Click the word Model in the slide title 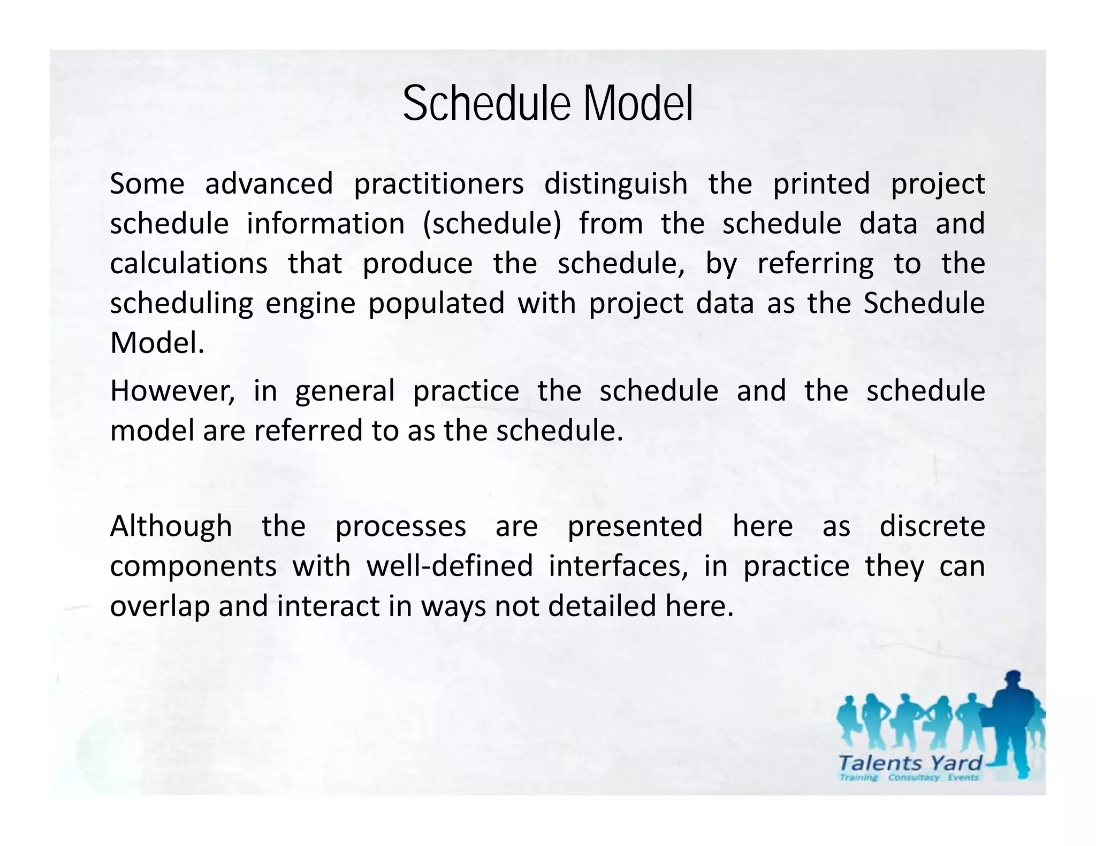coord(638,104)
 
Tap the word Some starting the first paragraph coord(147,184)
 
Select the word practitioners coord(439,184)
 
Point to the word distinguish coord(615,184)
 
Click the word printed coord(821,184)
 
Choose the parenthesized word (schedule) coord(492,224)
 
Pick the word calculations coord(188,264)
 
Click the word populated coord(436,303)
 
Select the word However coord(172,391)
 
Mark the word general coord(345,391)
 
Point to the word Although coord(171,526)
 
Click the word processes coord(400,526)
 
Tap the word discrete coord(932,526)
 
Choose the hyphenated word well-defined coord(450,566)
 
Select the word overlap coord(159,606)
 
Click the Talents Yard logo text coord(910,763)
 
